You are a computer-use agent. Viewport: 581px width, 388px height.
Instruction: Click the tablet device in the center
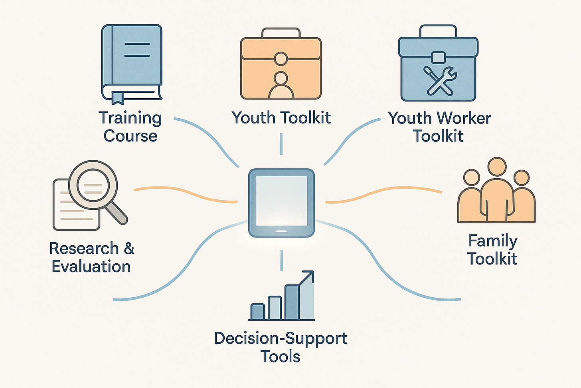pyautogui.click(x=281, y=203)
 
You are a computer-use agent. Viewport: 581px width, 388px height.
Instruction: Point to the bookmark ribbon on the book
pyautogui.click(x=117, y=97)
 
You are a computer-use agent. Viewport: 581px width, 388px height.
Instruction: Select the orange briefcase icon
pyautogui.click(x=281, y=68)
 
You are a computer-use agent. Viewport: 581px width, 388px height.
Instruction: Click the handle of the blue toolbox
pyautogui.click(x=438, y=30)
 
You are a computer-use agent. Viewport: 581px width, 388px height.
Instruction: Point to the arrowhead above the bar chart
pyautogui.click(x=309, y=275)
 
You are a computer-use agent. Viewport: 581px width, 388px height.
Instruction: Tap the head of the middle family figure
pyautogui.click(x=497, y=167)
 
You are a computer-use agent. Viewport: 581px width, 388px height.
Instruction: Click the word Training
pyautogui.click(x=130, y=118)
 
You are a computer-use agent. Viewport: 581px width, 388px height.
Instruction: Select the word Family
pyautogui.click(x=492, y=241)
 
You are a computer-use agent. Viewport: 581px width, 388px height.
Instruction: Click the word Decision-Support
pyautogui.click(x=281, y=338)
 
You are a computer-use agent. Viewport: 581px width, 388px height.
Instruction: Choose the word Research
pyautogui.click(x=84, y=249)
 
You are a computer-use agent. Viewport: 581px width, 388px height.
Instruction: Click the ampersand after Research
pyautogui.click(x=129, y=249)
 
